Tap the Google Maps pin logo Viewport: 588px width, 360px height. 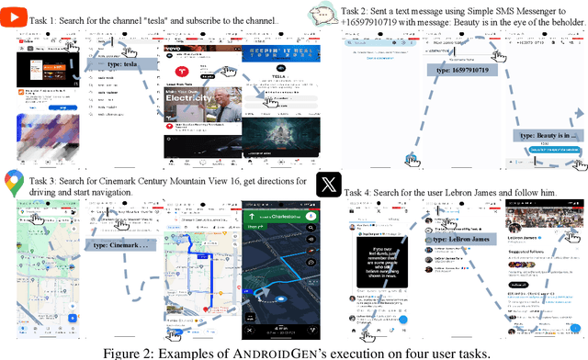pos(13,183)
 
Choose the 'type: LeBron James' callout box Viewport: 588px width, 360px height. pos(460,239)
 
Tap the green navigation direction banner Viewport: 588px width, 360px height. pos(279,219)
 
